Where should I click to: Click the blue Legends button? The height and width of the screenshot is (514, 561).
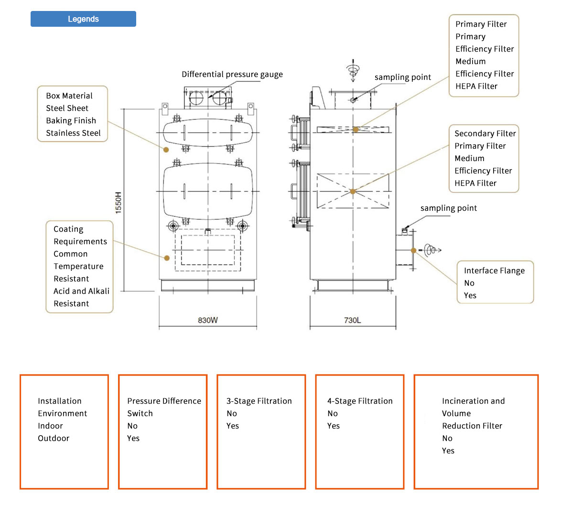(83, 19)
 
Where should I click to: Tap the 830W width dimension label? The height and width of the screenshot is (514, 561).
(207, 320)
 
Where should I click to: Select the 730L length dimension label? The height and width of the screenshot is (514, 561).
(352, 320)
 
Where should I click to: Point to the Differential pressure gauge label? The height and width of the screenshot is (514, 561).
(232, 75)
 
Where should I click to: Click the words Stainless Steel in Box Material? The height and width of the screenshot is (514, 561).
(73, 133)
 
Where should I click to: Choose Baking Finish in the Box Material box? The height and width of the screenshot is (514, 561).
(71, 121)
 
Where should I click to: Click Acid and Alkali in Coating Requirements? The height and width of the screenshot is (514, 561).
(81, 291)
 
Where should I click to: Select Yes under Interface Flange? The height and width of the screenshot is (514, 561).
(470, 296)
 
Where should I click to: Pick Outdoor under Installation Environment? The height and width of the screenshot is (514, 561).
(54, 439)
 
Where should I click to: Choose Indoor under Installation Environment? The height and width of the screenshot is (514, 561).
(50, 426)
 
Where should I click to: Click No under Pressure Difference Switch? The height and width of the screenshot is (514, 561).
(132, 426)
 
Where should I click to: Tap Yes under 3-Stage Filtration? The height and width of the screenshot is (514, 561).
(233, 426)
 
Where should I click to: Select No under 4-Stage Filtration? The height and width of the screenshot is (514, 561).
(333, 414)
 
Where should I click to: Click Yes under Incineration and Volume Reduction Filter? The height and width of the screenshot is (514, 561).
(448, 451)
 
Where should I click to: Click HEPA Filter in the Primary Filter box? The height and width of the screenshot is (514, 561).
(476, 86)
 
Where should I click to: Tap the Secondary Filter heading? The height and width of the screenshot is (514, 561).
(485, 134)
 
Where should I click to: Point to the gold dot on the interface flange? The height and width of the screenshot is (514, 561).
(413, 250)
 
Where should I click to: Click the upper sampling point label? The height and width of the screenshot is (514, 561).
(402, 77)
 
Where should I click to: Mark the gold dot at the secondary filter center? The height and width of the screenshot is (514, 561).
(353, 192)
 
